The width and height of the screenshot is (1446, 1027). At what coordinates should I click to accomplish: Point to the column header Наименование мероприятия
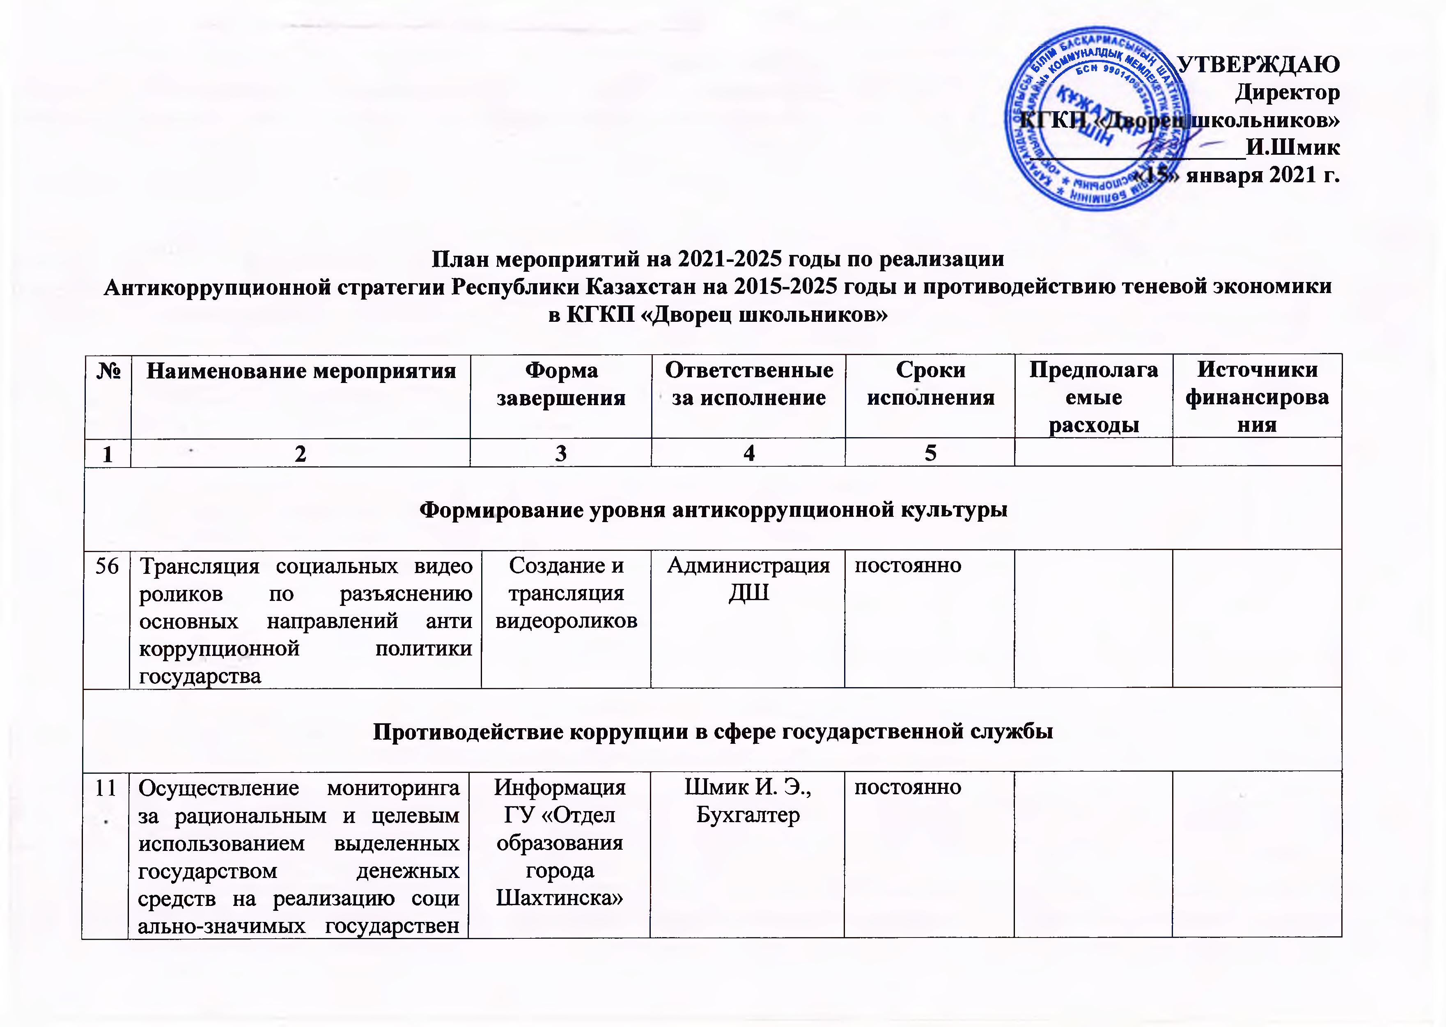pyautogui.click(x=301, y=371)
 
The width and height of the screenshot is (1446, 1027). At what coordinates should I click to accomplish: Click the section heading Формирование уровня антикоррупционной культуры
pyautogui.click(x=713, y=510)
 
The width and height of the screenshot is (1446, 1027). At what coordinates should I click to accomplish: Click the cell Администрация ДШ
pyautogui.click(x=748, y=579)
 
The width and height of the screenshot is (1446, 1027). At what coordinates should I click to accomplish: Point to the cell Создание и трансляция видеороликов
pyautogui.click(x=566, y=593)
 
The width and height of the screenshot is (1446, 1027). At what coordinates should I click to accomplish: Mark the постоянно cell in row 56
pyautogui.click(x=908, y=565)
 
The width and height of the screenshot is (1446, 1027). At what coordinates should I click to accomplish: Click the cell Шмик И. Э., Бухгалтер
pyautogui.click(x=748, y=801)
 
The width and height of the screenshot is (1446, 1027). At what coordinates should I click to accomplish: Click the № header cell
pyautogui.click(x=108, y=371)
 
